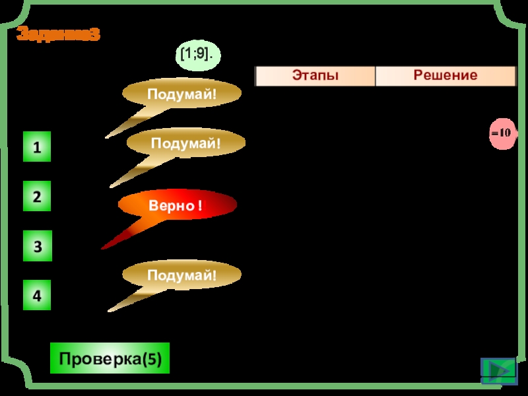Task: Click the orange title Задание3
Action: click(58, 34)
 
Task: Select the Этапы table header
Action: click(315, 76)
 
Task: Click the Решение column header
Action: click(445, 76)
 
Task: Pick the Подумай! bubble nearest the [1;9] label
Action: click(181, 95)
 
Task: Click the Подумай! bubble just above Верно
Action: click(185, 143)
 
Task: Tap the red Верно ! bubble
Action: click(177, 206)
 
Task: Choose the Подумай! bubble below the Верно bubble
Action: click(182, 275)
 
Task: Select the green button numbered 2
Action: click(37, 197)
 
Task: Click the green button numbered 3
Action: click(37, 246)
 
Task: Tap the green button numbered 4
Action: click(37, 296)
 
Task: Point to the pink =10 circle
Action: click(501, 133)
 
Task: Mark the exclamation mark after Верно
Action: click(199, 207)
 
